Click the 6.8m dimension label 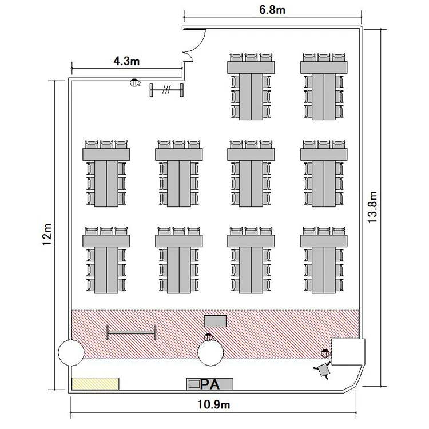pos(272,10)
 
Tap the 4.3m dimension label pos(126,61)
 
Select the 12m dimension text pos(47,234)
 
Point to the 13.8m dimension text pos(372,207)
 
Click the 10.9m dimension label pos(214,404)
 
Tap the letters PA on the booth pos(209,384)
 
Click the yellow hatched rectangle pos(95,384)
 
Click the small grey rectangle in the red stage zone pos(215,321)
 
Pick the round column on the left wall pos(71,353)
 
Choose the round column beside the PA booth pos(210,353)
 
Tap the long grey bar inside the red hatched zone pos(132,332)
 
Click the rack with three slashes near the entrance pos(166,90)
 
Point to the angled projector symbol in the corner pos(323,370)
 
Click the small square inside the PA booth pos(194,384)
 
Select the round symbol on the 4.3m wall pos(134,82)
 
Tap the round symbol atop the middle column pos(208,337)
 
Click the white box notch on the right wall pos(348,352)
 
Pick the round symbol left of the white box pos(325,353)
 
